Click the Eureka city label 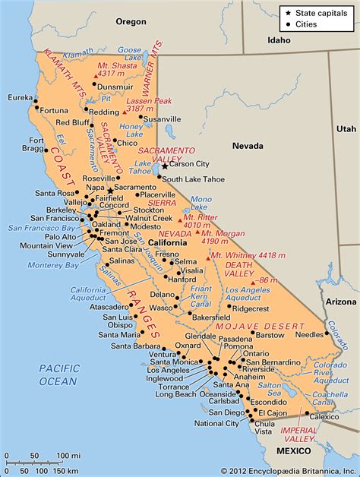[17, 98]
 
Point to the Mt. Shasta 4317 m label [113, 69]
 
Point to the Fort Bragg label [36, 144]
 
